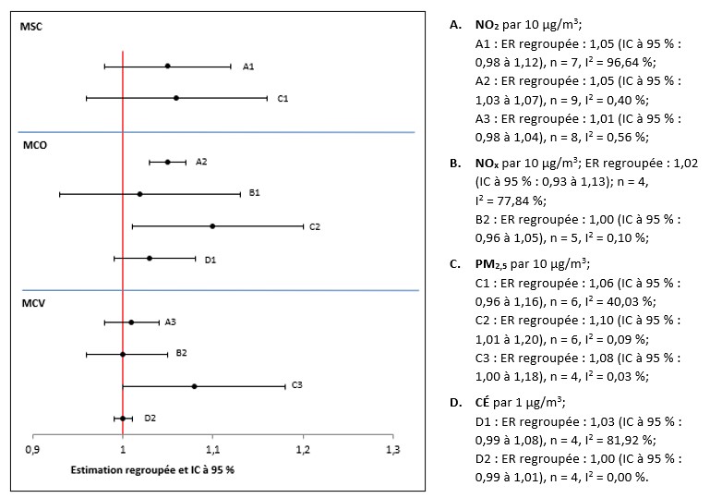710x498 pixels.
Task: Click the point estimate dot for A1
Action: (x=167, y=66)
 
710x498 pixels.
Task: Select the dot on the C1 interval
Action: (x=176, y=98)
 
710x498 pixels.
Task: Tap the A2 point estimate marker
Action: (x=167, y=162)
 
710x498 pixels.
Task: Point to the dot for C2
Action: (x=212, y=225)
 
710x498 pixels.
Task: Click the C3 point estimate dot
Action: (x=194, y=385)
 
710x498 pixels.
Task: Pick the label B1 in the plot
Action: (x=254, y=193)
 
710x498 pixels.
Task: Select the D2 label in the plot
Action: (x=150, y=418)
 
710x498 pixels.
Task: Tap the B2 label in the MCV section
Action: (x=182, y=353)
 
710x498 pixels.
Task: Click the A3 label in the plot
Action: (x=170, y=322)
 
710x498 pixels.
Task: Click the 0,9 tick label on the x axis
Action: (x=32, y=449)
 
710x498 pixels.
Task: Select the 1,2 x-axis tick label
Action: (x=303, y=449)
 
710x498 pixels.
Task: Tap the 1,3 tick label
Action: (x=393, y=449)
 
